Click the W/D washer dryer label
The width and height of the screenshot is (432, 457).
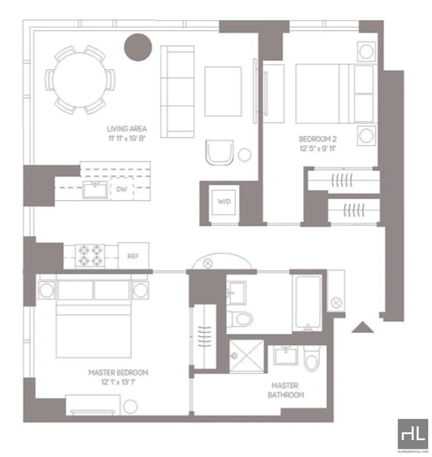(x=224, y=201)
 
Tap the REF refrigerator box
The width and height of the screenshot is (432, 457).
(x=133, y=256)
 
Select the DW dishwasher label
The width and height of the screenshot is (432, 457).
(x=122, y=189)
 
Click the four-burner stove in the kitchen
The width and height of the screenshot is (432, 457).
(x=90, y=256)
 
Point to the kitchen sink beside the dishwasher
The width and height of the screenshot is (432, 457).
(x=95, y=190)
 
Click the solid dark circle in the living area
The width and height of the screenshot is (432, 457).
(x=138, y=47)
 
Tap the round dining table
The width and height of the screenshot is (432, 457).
(x=80, y=80)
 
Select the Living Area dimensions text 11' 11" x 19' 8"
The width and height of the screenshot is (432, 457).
(x=127, y=138)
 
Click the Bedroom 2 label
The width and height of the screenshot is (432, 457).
(x=318, y=139)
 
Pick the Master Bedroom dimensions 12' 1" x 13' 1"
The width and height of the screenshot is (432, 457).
(x=118, y=382)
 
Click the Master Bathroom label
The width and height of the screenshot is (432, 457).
(x=286, y=390)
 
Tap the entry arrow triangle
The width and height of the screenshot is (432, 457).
(x=363, y=327)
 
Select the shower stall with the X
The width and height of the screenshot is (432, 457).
(x=247, y=356)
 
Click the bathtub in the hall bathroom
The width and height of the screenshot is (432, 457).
(x=308, y=303)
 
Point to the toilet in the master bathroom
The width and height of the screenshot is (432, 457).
(x=312, y=358)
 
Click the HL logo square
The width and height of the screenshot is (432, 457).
(x=413, y=434)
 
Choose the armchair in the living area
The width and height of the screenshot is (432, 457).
(x=219, y=152)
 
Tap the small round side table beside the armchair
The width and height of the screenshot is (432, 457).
(x=245, y=154)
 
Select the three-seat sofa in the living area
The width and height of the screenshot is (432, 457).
(x=178, y=91)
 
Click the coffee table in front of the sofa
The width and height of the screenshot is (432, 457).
(x=223, y=91)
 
